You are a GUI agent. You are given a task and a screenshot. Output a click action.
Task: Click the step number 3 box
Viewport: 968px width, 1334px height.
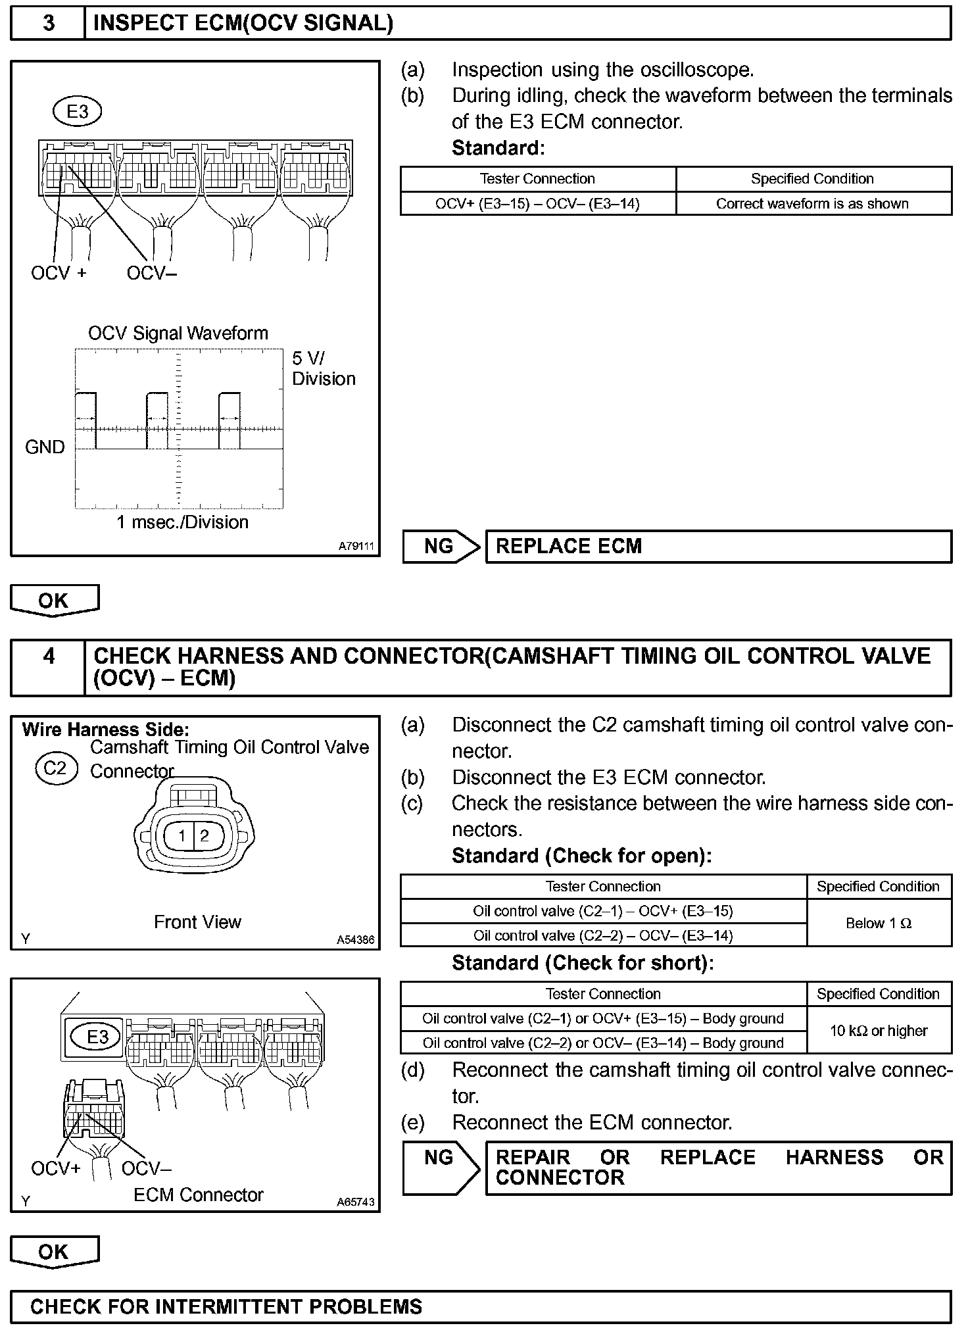click(x=48, y=24)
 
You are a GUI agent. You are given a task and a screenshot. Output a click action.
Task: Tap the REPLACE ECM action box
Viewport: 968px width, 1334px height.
click(x=718, y=547)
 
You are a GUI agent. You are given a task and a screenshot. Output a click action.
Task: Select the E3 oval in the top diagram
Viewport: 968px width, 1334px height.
click(x=77, y=112)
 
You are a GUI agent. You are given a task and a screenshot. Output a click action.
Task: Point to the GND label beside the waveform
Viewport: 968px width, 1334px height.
click(x=45, y=447)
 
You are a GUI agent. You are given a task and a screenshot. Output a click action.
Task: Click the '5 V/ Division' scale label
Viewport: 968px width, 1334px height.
click(x=323, y=368)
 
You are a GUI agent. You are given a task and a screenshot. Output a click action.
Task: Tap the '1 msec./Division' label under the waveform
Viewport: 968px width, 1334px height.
click(x=182, y=522)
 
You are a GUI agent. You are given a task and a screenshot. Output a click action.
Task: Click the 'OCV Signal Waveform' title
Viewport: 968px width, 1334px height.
click(x=178, y=333)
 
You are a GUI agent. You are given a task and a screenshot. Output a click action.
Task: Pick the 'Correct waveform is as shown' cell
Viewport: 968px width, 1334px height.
click(x=813, y=204)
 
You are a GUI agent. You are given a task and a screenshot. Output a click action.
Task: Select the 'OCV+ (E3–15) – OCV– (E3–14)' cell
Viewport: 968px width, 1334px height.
click(x=537, y=204)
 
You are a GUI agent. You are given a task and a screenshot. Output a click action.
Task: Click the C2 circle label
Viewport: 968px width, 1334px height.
click(x=56, y=768)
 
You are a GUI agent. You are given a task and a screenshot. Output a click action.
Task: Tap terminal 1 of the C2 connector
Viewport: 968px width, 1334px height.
click(x=183, y=836)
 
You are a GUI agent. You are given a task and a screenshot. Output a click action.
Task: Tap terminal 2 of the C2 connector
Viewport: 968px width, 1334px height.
click(x=205, y=836)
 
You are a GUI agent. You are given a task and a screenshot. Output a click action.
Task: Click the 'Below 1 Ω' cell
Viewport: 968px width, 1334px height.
click(x=879, y=924)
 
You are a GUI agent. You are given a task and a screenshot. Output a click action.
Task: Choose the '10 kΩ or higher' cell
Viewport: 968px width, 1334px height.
click(x=879, y=1031)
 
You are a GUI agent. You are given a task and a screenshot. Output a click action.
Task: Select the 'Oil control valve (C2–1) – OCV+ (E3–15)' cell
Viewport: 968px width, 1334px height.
click(x=603, y=911)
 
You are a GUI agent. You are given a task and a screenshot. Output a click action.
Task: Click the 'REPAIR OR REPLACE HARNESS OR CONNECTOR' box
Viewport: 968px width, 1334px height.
click(x=718, y=1168)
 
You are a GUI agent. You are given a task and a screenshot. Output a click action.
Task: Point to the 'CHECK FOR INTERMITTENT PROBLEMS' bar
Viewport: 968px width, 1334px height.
click(x=481, y=1306)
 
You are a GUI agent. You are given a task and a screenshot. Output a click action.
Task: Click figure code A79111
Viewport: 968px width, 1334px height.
click(x=356, y=546)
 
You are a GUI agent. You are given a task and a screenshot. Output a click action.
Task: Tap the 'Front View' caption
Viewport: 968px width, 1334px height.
click(x=197, y=922)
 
